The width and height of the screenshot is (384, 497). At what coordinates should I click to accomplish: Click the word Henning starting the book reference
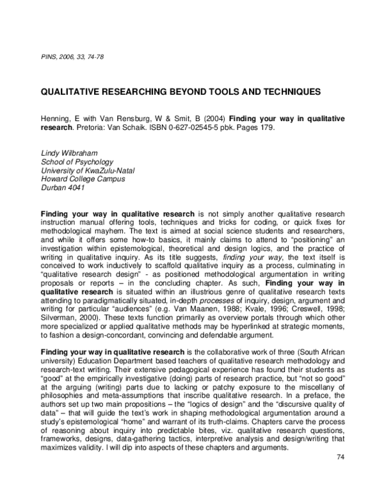tap(55, 119)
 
